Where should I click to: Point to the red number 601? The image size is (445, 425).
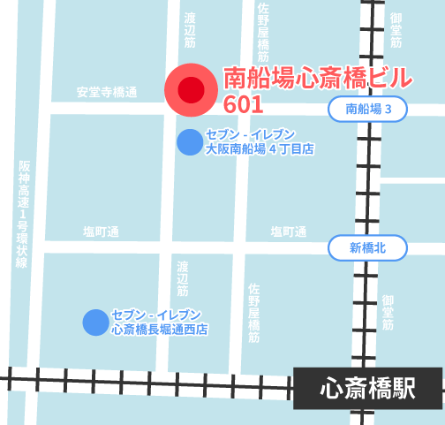coord(244,103)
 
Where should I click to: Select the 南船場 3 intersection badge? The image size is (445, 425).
coord(368,109)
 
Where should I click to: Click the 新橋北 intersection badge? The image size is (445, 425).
coord(368,248)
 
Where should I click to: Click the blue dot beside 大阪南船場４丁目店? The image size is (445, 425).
coord(189,142)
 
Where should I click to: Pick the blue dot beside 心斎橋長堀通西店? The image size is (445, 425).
coord(95,323)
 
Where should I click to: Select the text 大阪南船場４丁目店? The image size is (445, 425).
coord(260,150)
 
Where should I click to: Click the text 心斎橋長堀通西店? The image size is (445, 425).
coord(160,330)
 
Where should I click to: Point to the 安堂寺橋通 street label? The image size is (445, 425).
coord(107,92)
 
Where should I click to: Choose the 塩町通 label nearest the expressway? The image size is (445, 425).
coord(102,231)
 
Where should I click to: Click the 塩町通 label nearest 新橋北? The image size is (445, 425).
coord(289,231)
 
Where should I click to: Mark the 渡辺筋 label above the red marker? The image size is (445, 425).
coord(190,30)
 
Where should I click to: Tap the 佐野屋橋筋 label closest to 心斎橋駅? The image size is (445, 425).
coord(254,313)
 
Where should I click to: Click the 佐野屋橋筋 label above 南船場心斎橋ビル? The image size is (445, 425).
coord(263,31)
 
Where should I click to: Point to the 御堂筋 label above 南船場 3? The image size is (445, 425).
coord(395,30)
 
